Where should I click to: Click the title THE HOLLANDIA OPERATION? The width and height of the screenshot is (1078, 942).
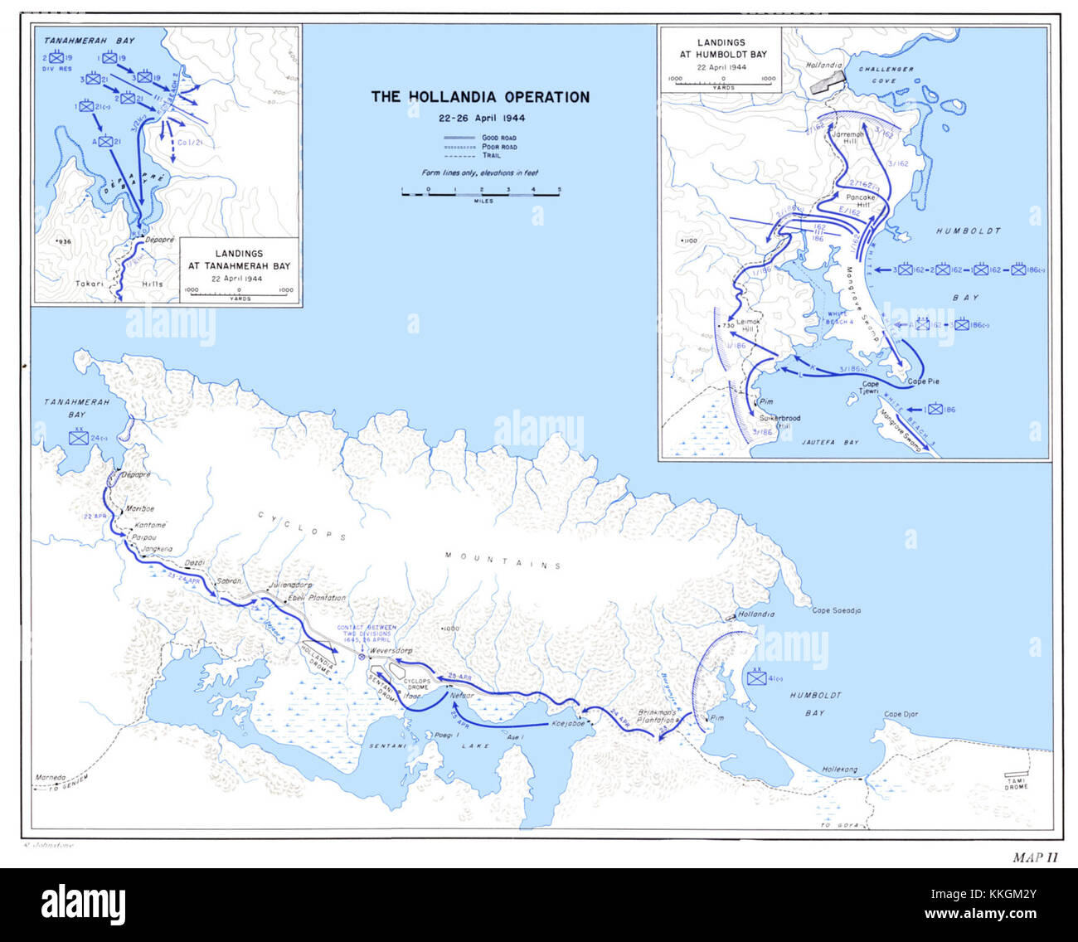(480, 97)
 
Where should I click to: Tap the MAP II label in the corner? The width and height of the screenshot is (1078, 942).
(1035, 857)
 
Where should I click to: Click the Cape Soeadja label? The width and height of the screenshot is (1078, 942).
(836, 610)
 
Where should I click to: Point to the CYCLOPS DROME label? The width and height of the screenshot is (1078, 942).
(417, 684)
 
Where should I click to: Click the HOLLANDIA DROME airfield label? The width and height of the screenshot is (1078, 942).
(318, 659)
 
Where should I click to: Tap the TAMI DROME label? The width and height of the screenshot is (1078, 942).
(1016, 784)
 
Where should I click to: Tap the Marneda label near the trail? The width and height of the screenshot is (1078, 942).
(50, 778)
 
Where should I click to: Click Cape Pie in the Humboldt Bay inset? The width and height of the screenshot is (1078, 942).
(923, 382)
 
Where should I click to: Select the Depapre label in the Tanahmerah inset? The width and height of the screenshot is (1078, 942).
(160, 239)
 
